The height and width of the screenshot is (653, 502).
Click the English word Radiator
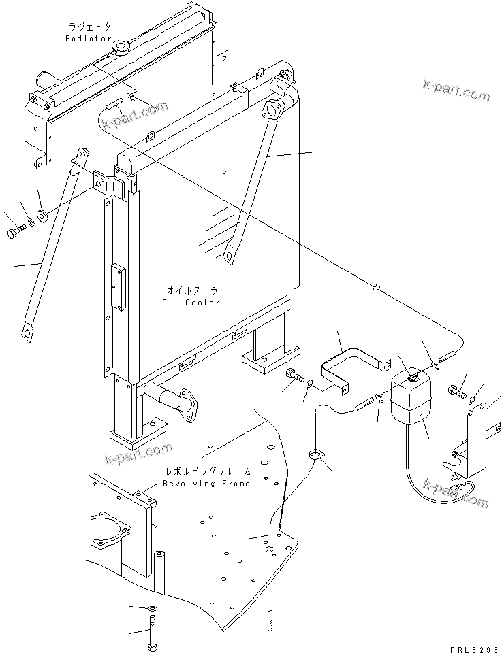coord(88,39)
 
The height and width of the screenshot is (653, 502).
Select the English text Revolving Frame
coord(206,484)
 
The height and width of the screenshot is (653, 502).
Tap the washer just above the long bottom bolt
coord(153,607)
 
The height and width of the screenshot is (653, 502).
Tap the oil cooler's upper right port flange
coord(273,110)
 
